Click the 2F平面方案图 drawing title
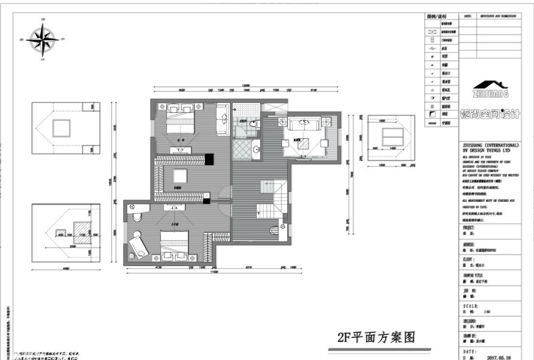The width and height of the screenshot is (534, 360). pos(377,337)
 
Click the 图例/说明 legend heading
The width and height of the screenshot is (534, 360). pos(436,16)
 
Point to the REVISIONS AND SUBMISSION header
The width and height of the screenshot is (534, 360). pos(498,16)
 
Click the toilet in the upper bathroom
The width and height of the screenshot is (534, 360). pos(253,124)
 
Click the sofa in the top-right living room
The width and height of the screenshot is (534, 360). pos(303,124)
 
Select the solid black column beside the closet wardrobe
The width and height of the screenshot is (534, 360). pos(209,159)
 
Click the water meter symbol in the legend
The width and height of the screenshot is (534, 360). pos(433,49)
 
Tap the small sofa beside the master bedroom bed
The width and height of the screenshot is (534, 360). pos(222,119)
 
